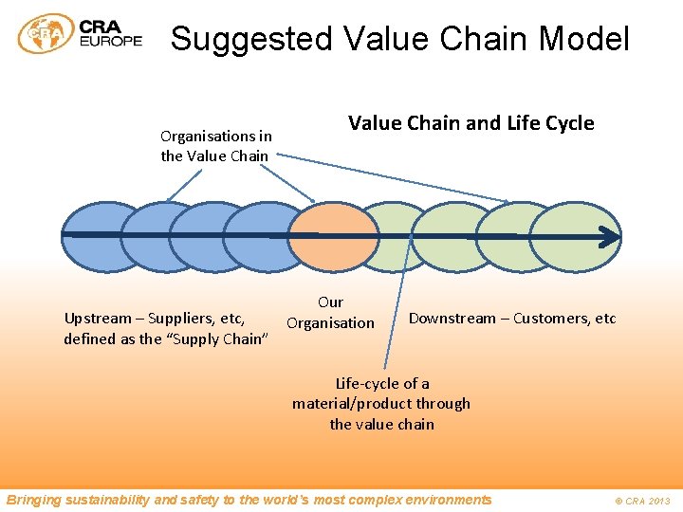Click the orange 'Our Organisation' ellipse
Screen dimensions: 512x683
click(x=332, y=237)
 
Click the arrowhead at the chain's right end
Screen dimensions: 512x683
click(x=610, y=236)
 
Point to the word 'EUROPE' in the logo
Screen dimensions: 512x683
click(x=112, y=42)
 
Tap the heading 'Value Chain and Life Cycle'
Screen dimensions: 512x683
click(x=471, y=123)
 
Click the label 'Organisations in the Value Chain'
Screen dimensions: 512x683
click(x=215, y=146)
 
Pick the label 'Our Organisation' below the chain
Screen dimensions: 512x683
click(x=330, y=313)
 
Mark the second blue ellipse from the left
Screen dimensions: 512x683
click(x=147, y=237)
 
